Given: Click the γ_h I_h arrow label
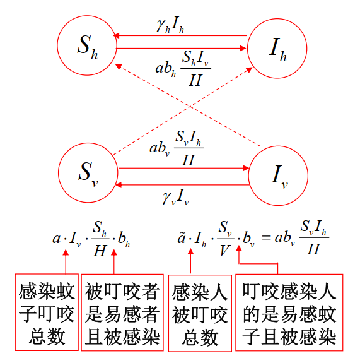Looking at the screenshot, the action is (x=170, y=25).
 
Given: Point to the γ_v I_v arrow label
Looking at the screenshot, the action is (x=176, y=197).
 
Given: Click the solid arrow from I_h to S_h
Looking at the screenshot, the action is (x=180, y=36).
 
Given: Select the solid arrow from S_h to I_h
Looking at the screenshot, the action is (x=181, y=48).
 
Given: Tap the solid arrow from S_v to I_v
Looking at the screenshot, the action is (x=184, y=168).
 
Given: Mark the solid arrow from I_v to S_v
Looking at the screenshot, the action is (x=182, y=185).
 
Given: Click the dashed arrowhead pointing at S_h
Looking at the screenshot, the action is (x=119, y=66).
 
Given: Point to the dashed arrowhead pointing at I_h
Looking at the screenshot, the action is (x=249, y=69).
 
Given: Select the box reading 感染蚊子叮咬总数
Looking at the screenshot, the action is (x=47, y=312).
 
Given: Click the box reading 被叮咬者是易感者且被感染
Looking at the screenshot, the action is (x=122, y=312).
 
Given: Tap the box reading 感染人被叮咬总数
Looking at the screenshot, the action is (x=200, y=313).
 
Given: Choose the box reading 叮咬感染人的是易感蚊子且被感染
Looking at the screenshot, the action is (x=289, y=312).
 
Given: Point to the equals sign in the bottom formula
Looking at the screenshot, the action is (x=266, y=237).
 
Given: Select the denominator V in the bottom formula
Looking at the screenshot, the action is (x=225, y=250).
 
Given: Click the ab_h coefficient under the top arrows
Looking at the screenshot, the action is (x=166, y=69).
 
